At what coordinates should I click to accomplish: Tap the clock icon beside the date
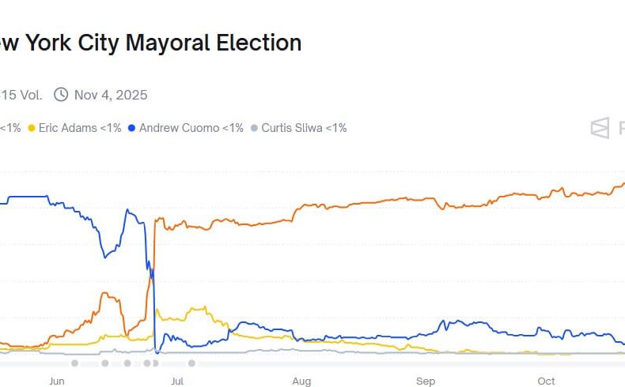(61, 95)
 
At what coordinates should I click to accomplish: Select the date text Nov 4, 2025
(111, 95)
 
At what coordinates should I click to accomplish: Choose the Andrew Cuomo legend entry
(191, 127)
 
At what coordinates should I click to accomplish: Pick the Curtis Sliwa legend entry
(303, 127)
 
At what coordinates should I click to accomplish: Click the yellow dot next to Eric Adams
(32, 128)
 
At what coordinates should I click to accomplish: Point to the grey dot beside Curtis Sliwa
(254, 128)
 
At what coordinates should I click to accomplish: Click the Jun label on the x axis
(56, 381)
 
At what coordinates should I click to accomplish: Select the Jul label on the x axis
(177, 381)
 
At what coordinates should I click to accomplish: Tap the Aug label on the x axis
(301, 381)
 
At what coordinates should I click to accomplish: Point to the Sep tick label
(426, 381)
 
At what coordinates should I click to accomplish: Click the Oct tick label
(547, 381)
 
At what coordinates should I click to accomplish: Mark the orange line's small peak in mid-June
(104, 293)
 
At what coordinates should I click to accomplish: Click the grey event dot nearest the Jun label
(74, 363)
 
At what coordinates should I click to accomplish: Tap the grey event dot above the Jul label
(191, 363)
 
